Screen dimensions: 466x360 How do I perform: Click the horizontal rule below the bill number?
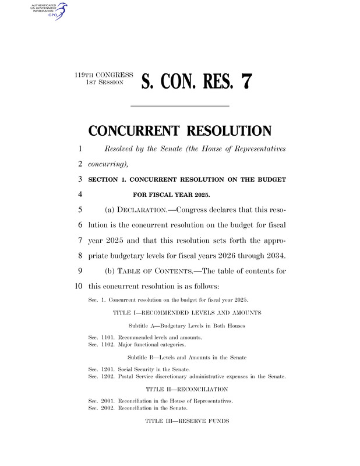pyautogui.click(x=179, y=106)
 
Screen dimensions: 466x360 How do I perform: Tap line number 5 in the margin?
pyautogui.click(x=78, y=210)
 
